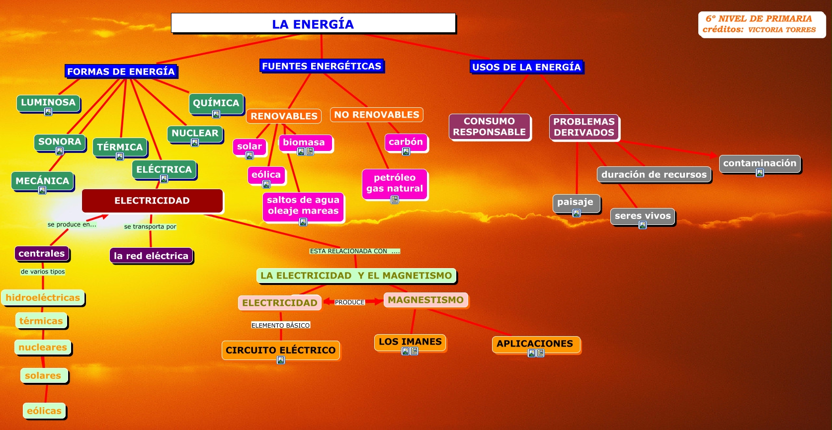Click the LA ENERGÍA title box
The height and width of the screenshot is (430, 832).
point(313,23)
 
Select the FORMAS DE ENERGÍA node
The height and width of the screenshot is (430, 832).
point(121,72)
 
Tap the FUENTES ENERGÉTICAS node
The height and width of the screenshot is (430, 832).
point(322,66)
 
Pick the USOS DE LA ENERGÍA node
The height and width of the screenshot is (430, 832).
point(526,67)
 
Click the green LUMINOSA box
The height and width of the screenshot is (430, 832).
point(48,102)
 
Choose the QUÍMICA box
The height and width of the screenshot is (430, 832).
point(216,103)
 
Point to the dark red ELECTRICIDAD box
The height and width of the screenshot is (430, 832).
point(152,201)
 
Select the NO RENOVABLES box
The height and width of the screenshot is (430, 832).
point(377,115)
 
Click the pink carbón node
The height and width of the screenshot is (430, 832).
point(406,142)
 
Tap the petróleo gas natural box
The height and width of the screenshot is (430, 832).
point(395,183)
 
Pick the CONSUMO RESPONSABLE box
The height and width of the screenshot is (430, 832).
point(489,127)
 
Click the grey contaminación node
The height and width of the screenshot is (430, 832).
point(759,163)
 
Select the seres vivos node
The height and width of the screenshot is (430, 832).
point(643,215)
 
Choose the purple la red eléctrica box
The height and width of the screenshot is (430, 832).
point(151,256)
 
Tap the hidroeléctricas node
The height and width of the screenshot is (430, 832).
point(43,297)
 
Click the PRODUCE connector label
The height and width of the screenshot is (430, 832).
point(349,302)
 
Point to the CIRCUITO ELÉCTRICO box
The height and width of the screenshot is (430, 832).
point(280,350)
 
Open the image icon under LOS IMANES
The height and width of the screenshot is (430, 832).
point(406,351)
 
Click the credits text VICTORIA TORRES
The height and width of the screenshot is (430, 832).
point(782,30)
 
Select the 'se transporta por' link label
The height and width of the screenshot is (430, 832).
point(150,226)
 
